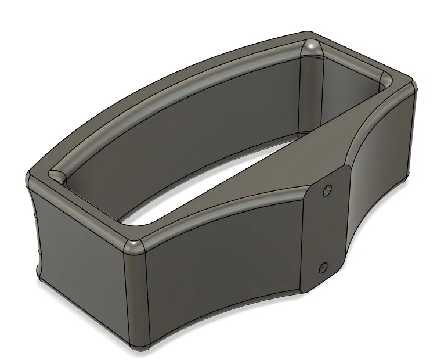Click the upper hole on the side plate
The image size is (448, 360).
coord(327,190)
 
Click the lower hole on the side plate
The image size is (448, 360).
coord(323,268)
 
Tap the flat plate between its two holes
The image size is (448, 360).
coord(325,229)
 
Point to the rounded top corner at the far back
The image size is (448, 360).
coord(312,45)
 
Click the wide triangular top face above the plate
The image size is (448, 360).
coord(313,157)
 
